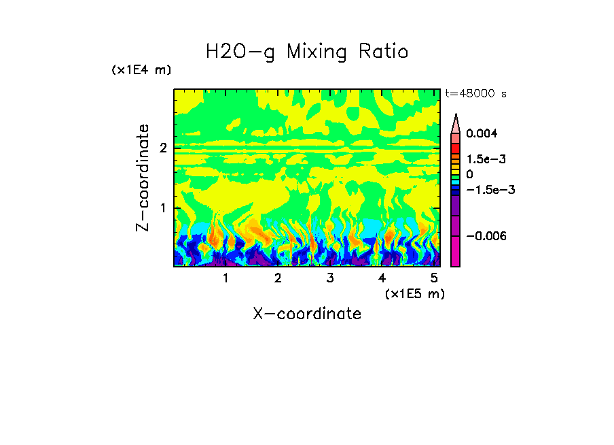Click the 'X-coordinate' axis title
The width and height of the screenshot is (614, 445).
[307, 314]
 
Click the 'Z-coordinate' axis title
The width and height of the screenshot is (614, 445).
[143, 178]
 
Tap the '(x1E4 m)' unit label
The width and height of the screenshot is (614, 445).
[141, 70]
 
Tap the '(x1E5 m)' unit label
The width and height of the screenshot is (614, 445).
[414, 293]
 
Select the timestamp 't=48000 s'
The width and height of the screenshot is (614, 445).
[475, 93]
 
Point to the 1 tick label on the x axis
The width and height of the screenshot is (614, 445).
[225, 278]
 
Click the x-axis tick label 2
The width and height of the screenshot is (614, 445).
[278, 278]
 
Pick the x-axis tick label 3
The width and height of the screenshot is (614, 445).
[329, 278]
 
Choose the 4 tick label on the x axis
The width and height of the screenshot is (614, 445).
[382, 278]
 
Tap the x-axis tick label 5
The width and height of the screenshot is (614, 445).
[434, 278]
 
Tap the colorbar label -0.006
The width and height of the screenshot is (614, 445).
[486, 235]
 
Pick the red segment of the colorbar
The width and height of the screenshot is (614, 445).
[456, 148]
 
